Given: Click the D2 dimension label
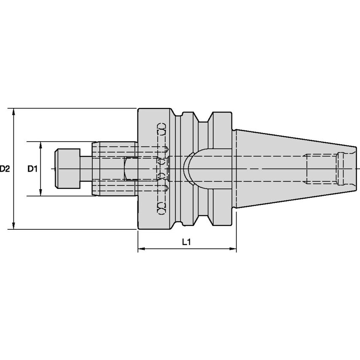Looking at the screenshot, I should (5, 169).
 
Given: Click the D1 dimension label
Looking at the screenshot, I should (33, 169).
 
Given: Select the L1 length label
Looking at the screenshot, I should (187, 242).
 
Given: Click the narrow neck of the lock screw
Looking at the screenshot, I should (87, 169).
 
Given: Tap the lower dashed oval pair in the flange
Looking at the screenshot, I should (161, 209).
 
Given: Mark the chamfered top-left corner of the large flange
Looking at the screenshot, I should (139, 110).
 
